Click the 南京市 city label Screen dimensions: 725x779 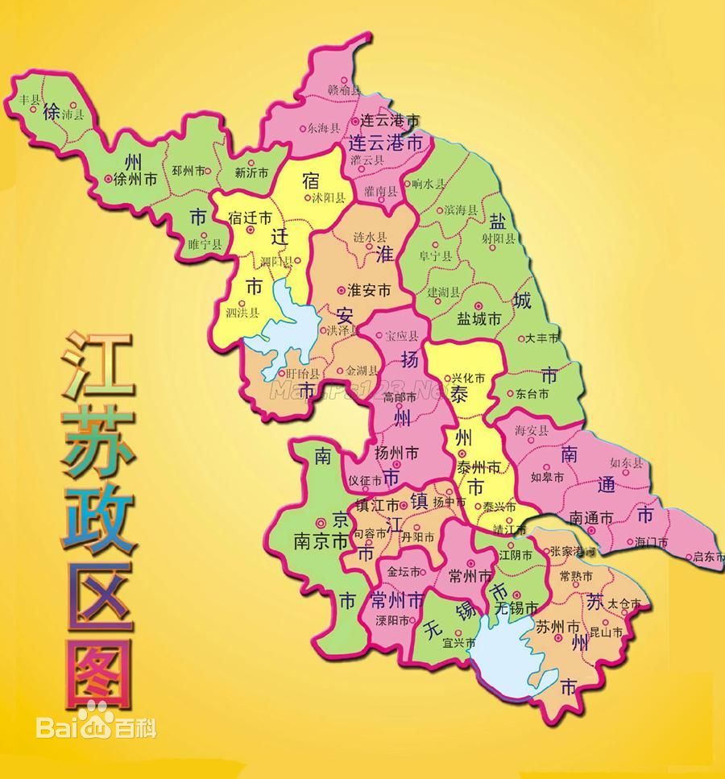pos(320,542)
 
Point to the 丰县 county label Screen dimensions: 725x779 pos(29,99)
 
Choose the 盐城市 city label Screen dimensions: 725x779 pos(479,319)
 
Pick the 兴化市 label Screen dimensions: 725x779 pos(468,376)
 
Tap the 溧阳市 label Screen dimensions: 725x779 pos(393,620)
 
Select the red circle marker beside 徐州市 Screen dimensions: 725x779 pos(108,180)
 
